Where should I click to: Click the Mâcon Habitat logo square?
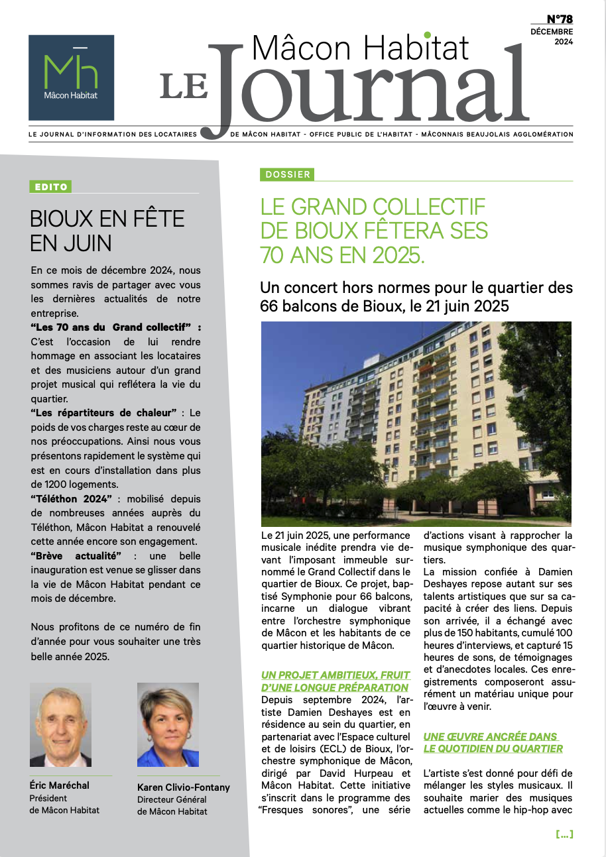[71, 77]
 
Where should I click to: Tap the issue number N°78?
[560, 19]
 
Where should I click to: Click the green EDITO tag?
[50, 187]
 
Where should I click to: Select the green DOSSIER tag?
[287, 174]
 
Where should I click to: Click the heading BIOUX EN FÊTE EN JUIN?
[107, 231]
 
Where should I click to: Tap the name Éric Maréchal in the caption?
[60, 785]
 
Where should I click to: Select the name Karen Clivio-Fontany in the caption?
[184, 787]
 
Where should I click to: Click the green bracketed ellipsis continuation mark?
[564, 834]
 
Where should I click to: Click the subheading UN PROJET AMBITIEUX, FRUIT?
[335, 675]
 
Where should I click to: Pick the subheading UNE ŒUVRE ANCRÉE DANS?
[491, 736]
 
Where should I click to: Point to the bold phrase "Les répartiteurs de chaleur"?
[103, 413]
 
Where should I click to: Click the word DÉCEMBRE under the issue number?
[552, 31]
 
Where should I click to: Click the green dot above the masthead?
[428, 35]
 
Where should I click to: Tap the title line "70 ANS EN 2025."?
[342, 255]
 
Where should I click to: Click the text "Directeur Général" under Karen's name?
[172, 799]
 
